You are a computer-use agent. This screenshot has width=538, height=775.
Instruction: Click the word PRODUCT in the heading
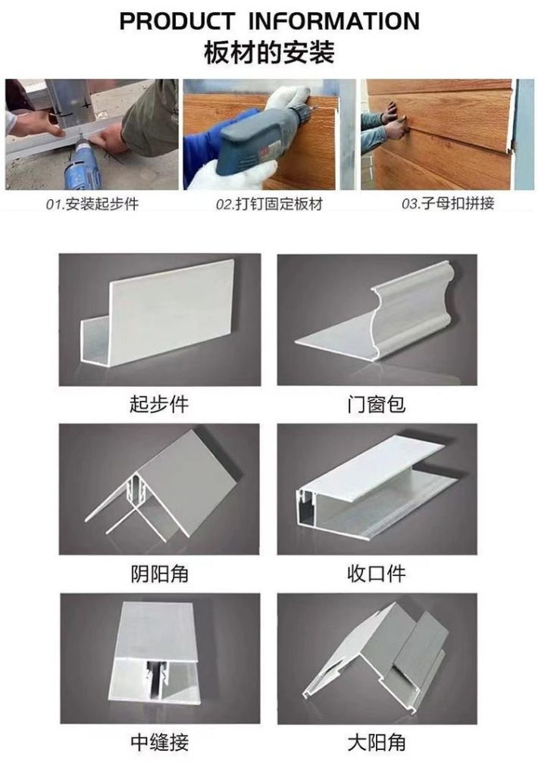177,21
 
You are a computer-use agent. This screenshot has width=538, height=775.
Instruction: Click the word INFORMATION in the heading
334,21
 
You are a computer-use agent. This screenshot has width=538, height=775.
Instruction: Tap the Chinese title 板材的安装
269,52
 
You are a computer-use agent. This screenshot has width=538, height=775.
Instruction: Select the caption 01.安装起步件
92,204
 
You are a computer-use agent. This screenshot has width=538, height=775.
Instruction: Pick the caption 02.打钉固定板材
269,204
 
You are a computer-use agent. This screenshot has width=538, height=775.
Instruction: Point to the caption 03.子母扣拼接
448,203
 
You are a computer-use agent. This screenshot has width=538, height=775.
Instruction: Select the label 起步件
159,404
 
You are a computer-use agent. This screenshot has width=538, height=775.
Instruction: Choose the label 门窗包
376,404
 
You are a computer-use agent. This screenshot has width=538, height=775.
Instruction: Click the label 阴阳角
159,574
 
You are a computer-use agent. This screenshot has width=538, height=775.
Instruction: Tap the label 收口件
376,574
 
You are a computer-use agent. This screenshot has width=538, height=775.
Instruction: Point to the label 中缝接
159,742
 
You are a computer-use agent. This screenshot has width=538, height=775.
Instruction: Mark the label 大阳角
376,742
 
